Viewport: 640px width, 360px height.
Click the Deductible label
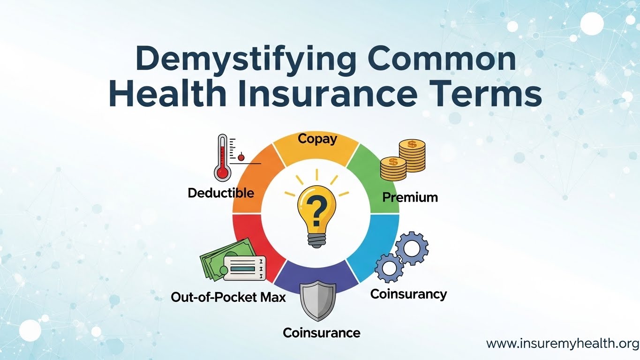[x=221, y=193]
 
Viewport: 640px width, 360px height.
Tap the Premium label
[x=410, y=197]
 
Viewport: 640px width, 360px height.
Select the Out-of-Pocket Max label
[x=228, y=298]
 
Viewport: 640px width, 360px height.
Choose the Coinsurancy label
[x=408, y=294]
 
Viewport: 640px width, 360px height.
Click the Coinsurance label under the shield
[x=322, y=333]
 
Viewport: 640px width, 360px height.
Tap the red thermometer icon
[x=223, y=157]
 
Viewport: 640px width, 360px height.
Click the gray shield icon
[x=318, y=300]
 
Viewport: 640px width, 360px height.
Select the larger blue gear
[x=412, y=248]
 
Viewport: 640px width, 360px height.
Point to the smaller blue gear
[x=389, y=268]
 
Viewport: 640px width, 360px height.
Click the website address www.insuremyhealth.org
[x=562, y=343]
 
